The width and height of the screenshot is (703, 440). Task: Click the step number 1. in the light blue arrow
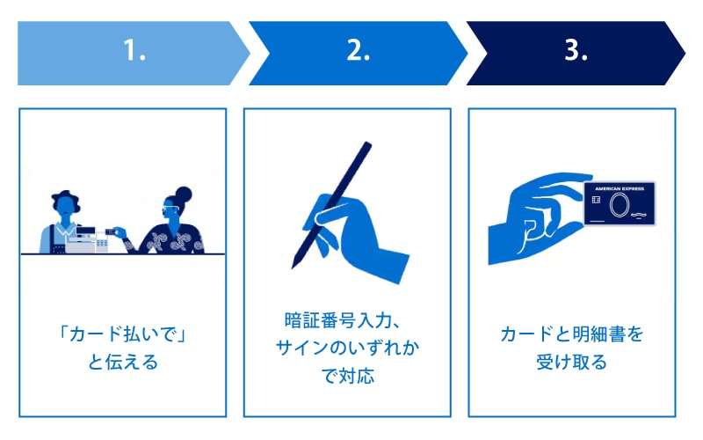(134, 50)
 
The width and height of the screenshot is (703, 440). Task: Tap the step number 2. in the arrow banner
(359, 50)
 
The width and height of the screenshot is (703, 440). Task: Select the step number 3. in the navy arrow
(576, 50)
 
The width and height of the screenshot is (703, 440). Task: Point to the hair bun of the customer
(183, 194)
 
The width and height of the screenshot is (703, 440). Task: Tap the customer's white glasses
(170, 209)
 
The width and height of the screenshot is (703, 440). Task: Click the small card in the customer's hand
(111, 231)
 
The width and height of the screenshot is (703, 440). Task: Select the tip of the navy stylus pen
(293, 268)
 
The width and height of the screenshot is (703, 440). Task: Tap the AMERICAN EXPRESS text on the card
(620, 188)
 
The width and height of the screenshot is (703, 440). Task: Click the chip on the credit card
(596, 200)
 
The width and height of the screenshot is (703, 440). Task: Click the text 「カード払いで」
(123, 334)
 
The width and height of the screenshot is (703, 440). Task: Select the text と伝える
(123, 363)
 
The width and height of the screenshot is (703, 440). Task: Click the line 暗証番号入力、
(342, 320)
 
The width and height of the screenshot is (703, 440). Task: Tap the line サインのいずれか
(347, 348)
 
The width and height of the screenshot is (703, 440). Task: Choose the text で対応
(348, 377)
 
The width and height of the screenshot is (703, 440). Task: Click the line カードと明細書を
(572, 334)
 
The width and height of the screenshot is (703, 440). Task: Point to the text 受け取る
(572, 363)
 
